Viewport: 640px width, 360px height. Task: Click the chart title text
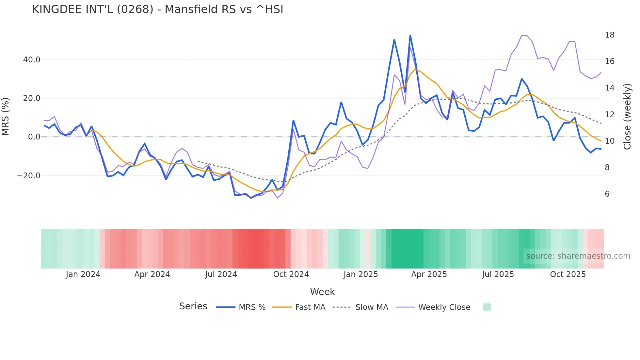click(158, 9)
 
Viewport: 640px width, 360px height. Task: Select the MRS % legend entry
click(252, 307)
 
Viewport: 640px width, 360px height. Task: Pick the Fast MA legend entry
click(310, 307)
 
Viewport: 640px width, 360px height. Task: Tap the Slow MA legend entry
click(372, 307)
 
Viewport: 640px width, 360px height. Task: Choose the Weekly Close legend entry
click(444, 307)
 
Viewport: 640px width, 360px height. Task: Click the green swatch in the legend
click(487, 307)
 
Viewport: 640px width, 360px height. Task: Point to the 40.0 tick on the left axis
click(32, 60)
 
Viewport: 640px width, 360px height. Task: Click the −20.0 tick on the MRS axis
click(29, 176)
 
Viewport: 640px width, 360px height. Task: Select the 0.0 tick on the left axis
click(34, 137)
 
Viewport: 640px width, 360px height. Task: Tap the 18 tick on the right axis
click(609, 35)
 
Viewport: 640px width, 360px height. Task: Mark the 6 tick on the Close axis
click(607, 194)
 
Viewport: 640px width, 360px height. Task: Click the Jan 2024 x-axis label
click(83, 274)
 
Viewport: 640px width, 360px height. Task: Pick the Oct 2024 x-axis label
click(291, 274)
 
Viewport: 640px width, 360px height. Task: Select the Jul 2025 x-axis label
click(498, 274)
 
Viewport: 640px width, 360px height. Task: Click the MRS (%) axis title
click(6, 117)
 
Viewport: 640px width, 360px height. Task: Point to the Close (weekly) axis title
click(627, 117)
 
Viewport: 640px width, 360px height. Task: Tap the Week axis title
click(322, 292)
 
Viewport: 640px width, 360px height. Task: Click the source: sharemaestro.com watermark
click(578, 256)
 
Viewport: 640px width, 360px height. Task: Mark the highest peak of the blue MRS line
click(410, 36)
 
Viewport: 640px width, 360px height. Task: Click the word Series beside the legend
click(193, 306)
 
